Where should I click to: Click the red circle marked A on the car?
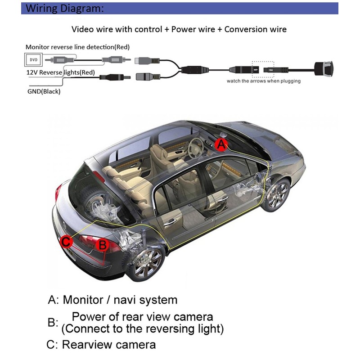point(220,144)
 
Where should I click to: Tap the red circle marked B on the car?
point(103,245)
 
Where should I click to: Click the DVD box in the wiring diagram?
point(33,59)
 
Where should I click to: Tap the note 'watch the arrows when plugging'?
point(263,81)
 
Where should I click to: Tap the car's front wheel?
point(276,195)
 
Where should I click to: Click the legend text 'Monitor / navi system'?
point(120,300)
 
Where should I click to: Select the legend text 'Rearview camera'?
point(109,345)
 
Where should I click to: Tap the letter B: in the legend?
point(53,323)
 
